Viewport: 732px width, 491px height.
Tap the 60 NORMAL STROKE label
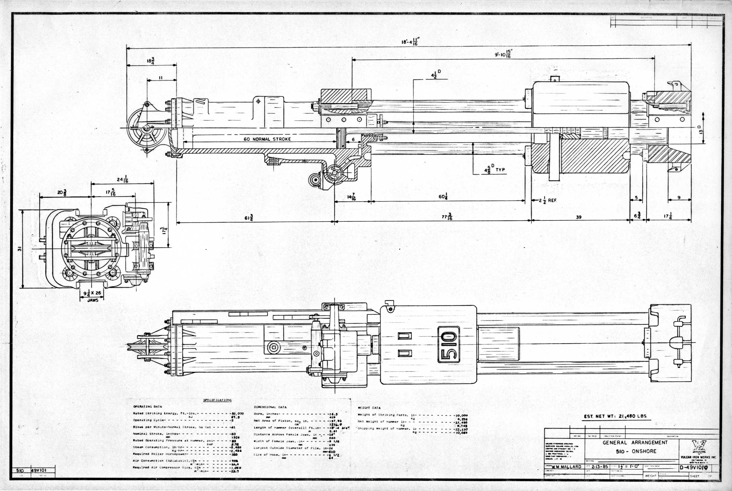coord(267,139)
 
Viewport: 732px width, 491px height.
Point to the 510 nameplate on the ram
coord(448,345)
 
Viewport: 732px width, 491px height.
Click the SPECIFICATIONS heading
coord(217,400)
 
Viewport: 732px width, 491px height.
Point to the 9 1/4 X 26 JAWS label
coord(92,296)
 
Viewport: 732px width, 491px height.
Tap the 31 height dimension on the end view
coord(19,249)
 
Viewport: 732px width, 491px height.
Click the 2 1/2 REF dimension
coord(547,201)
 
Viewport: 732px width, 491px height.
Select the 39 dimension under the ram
coord(578,217)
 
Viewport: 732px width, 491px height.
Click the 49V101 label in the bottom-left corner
coord(39,470)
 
